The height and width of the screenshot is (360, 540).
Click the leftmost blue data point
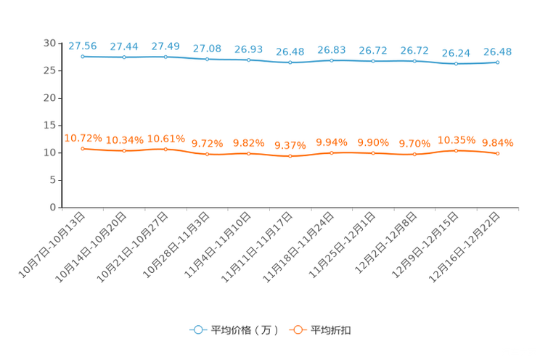pyautogui.click(x=83, y=56)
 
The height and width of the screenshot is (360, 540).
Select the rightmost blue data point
pyautogui.click(x=497, y=62)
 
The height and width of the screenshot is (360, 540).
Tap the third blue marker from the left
pyautogui.click(x=165, y=56)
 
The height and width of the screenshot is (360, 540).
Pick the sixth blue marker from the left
pyautogui.click(x=290, y=62)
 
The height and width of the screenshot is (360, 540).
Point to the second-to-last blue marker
pyautogui.click(x=456, y=64)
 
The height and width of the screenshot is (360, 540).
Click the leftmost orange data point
pyautogui.click(x=83, y=148)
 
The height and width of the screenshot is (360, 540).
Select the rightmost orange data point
pyautogui.click(x=497, y=153)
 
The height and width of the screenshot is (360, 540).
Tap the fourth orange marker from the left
pyautogui.click(x=207, y=154)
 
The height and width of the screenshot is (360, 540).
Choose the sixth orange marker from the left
pyautogui.click(x=290, y=155)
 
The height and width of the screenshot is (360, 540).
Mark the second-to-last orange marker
pyautogui.click(x=456, y=150)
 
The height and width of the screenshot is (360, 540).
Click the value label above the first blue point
pyautogui.click(x=82, y=46)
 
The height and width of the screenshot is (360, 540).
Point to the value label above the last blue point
pyautogui.click(x=498, y=52)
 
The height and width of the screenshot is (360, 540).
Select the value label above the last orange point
pyautogui.click(x=498, y=143)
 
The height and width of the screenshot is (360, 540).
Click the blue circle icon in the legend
pyautogui.click(x=197, y=330)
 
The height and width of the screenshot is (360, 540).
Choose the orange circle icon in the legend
pyautogui.click(x=297, y=330)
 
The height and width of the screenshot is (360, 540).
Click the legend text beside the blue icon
pyautogui.click(x=243, y=330)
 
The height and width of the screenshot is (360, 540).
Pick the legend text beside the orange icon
pyautogui.click(x=331, y=330)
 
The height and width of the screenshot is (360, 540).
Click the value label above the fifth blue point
pyautogui.click(x=248, y=49)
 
